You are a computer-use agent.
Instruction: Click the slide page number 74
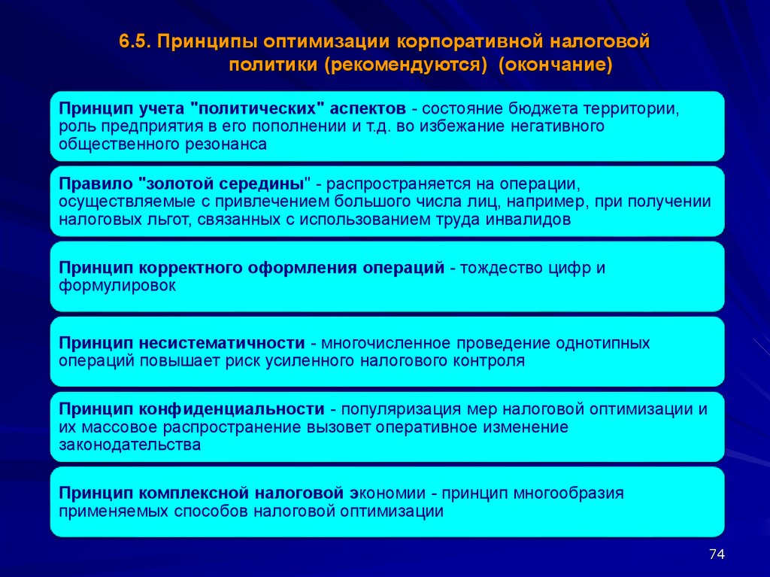(x=717, y=554)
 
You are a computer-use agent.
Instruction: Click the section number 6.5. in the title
(x=135, y=42)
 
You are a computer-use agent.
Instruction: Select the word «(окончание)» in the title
(x=556, y=65)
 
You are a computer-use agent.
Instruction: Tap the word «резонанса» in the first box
(x=226, y=145)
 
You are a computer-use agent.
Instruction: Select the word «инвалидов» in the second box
(x=528, y=220)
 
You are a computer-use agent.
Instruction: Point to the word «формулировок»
(x=117, y=286)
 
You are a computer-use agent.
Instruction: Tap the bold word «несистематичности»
(x=222, y=343)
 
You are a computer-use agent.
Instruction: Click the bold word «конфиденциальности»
(x=232, y=409)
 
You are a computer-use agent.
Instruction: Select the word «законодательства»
(x=129, y=445)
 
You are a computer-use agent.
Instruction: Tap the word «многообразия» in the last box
(x=568, y=493)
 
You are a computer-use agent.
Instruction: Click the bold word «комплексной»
(x=185, y=493)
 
